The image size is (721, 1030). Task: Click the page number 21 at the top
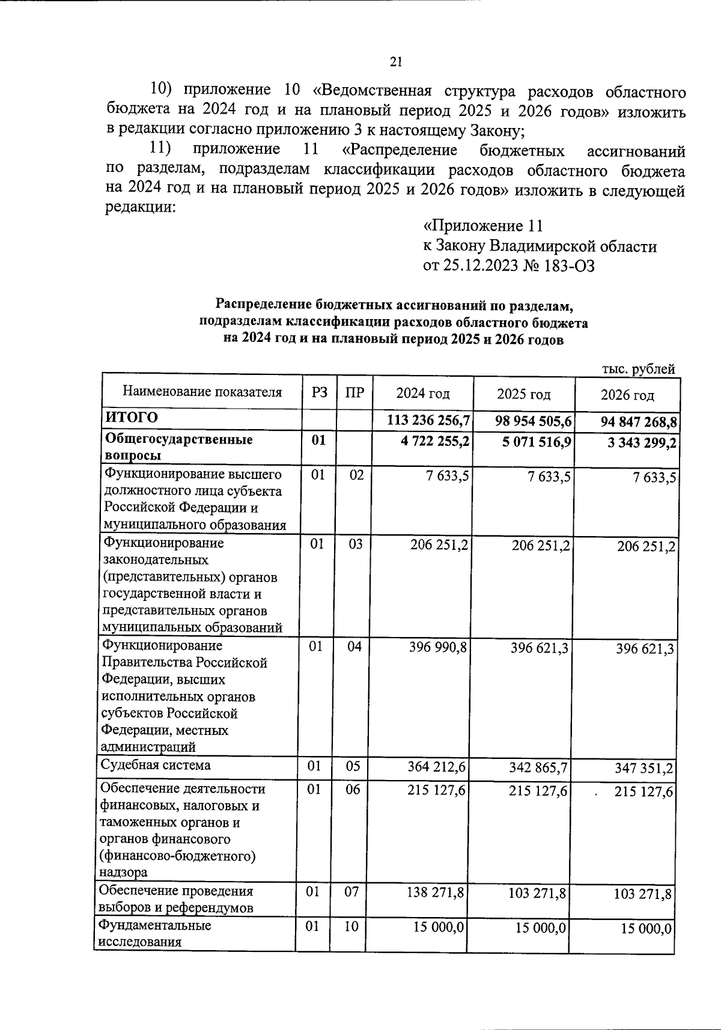[396, 61]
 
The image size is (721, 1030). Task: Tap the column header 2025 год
[523, 394]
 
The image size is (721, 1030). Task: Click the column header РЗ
[320, 392]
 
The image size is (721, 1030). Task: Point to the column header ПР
[354, 393]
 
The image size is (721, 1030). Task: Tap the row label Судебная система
[155, 766]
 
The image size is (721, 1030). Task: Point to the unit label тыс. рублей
[638, 369]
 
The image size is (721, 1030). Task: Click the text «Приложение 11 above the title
[483, 226]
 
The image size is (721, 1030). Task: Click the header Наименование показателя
[202, 392]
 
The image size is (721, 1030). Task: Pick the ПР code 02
[356, 475]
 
